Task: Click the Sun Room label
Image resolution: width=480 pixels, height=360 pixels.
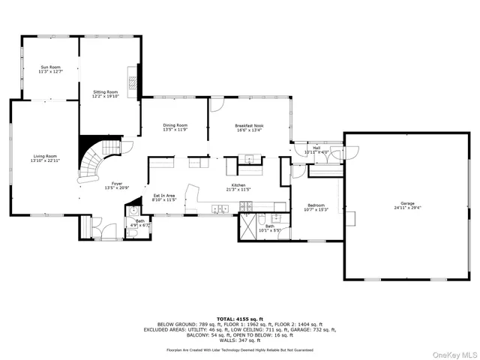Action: click(51, 67)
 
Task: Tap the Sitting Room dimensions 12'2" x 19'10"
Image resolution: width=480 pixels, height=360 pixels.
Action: click(105, 96)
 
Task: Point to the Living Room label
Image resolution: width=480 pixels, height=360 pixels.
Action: click(45, 156)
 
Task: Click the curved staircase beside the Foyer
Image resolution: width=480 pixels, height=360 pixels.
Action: click(96, 161)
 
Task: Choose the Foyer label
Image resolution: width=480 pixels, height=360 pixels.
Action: click(117, 183)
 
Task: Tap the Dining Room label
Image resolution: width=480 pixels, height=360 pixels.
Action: click(175, 125)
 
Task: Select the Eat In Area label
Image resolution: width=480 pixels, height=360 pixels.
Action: click(163, 196)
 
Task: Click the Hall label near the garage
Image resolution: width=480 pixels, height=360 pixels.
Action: click(316, 148)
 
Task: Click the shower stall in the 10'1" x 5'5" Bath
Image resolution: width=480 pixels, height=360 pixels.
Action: click(247, 226)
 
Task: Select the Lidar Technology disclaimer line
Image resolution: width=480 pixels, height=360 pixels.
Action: click(240, 350)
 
